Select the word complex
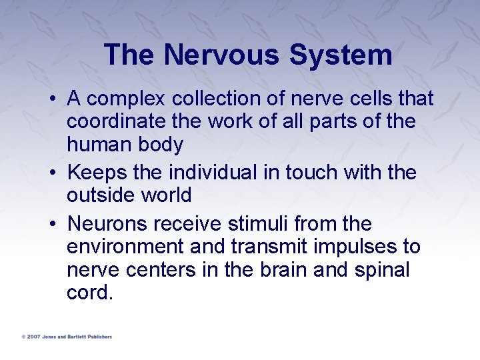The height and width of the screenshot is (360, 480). pos(127,99)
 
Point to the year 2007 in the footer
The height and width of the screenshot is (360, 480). pos(33,337)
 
